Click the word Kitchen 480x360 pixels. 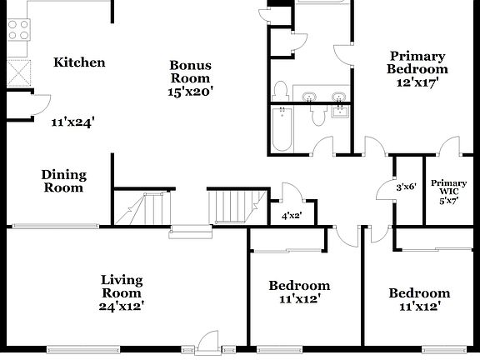[x=79, y=62]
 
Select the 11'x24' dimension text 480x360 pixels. [x=72, y=122]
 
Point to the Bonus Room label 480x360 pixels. [x=190, y=72]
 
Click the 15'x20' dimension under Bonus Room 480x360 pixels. [x=192, y=92]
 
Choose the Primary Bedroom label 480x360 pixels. [x=417, y=62]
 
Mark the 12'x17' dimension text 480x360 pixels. [x=417, y=82]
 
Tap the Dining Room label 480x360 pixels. [x=64, y=181]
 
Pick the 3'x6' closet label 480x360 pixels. [x=407, y=187]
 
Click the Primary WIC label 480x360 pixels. [x=448, y=187]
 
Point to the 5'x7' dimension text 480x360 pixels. [x=448, y=201]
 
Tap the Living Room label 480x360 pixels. [x=122, y=286]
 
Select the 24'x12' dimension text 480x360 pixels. [x=122, y=306]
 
